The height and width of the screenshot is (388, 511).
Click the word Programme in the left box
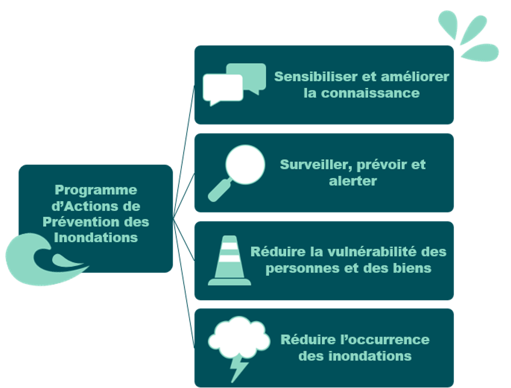(96, 191)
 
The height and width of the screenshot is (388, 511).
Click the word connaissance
(370, 93)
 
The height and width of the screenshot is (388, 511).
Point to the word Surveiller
(316, 165)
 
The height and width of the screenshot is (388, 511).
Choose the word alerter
(353, 181)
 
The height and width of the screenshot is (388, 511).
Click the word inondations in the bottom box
(370, 356)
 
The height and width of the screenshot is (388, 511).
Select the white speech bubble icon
(223, 89)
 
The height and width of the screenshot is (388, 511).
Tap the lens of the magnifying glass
(245, 165)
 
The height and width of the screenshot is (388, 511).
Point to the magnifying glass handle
(219, 191)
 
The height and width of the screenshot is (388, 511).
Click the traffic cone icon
(229, 261)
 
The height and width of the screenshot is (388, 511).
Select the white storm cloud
(239, 337)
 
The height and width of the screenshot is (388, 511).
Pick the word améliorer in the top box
(415, 77)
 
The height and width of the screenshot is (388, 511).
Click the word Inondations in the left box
(96, 237)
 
